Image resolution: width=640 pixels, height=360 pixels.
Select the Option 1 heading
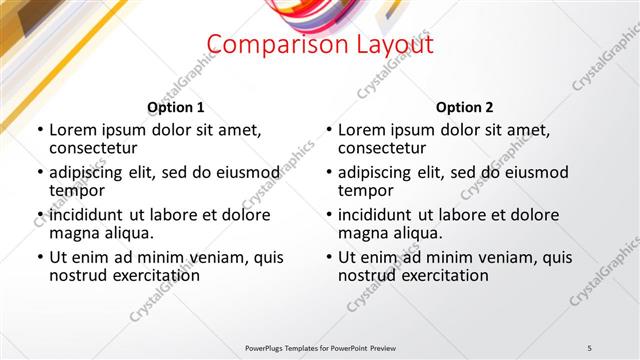(x=175, y=107)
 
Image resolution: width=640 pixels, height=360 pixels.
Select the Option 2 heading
(x=465, y=107)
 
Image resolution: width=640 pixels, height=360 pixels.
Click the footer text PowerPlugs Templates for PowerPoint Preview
(x=319, y=347)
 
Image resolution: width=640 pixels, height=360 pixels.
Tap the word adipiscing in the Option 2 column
(x=377, y=172)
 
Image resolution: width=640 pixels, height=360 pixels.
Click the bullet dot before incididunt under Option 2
(x=329, y=215)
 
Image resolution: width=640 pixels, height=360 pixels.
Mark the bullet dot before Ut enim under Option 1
(x=40, y=257)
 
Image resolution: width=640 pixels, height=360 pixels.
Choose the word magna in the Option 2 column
(x=363, y=233)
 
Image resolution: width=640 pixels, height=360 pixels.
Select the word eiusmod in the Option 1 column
(x=245, y=172)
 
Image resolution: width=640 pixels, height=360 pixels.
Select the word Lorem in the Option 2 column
(x=361, y=130)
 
